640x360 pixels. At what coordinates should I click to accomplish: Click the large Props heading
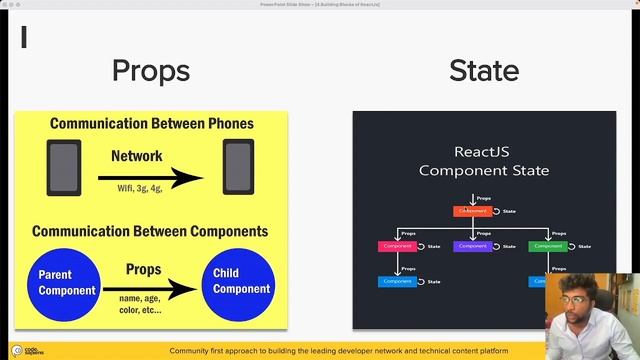pos(151,71)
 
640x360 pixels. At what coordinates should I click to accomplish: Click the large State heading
pos(484,71)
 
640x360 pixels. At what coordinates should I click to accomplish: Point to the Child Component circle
pos(240,282)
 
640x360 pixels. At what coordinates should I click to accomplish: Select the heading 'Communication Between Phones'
pos(151,125)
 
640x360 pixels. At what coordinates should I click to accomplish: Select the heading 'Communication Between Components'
pos(150,231)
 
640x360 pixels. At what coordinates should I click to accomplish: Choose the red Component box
pos(397,246)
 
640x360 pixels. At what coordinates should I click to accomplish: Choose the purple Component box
pos(472,246)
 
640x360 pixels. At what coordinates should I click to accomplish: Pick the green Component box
pos(547,246)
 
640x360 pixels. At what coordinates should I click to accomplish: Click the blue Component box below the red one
pos(397,281)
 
